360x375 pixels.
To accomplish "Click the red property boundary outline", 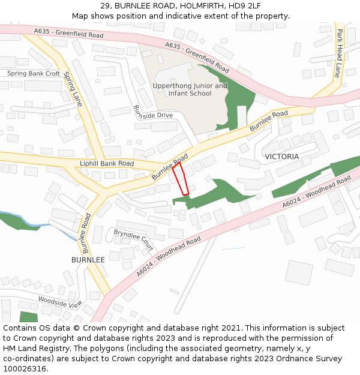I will [x=181, y=179].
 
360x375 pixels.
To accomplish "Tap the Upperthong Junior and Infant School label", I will [x=190, y=89].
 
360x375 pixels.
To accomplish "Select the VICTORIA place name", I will [x=281, y=157].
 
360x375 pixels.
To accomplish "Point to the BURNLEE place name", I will [x=88, y=260].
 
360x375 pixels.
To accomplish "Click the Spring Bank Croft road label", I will [x=34, y=74].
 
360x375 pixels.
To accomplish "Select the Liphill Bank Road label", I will [x=107, y=163].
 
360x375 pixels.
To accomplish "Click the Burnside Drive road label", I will [x=152, y=112].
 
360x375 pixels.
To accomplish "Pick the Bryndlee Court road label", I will [x=134, y=239].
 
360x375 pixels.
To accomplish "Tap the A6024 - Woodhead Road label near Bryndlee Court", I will [x=168, y=256].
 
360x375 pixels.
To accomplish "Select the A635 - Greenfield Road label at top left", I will [x=68, y=33].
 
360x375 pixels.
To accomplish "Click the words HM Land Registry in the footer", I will [x=37, y=348].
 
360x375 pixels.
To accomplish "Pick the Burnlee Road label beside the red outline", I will [x=170, y=167].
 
